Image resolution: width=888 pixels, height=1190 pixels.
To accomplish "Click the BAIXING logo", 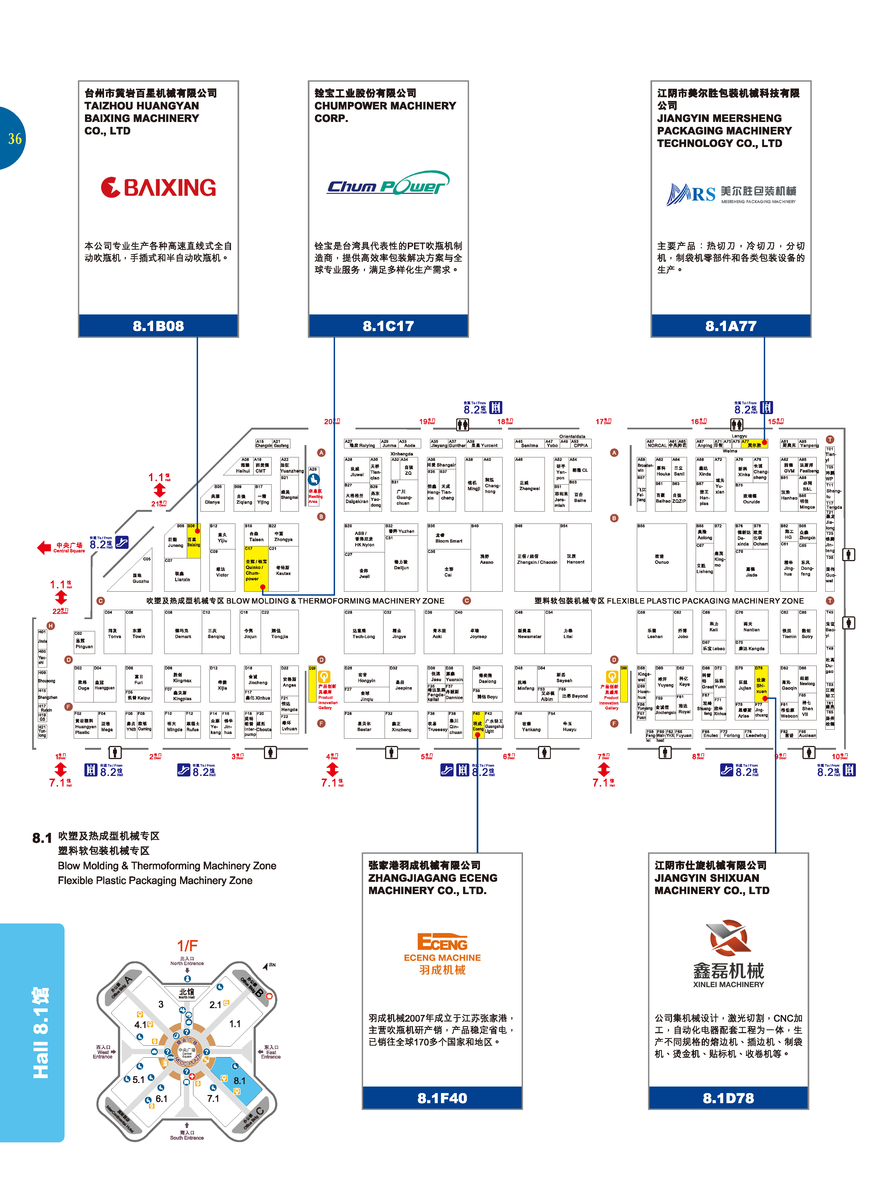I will pos(159,188).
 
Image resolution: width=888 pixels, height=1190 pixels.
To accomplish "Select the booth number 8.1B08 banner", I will pos(159,326).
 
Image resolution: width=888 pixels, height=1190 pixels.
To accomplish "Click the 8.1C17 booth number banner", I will pos(388,326).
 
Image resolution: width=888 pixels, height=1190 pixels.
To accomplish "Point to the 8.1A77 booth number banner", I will pos(731,326).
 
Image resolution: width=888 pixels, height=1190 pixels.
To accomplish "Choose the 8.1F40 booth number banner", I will pos(442,1098).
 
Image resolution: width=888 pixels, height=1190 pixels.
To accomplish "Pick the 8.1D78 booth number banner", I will pos(728,1098).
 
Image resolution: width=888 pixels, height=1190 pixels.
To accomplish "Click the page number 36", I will pos(14,139).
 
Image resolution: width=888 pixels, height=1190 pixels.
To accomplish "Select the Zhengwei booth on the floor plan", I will pos(530,486).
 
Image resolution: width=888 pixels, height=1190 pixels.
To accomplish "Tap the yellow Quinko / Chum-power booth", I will pos(255,568).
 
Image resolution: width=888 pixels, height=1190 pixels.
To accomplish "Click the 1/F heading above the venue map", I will pos(188,945).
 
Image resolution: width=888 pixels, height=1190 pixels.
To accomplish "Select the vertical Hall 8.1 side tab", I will pos(40,1032).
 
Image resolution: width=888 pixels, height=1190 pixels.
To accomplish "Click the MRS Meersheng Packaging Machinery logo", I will pos(731,194).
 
